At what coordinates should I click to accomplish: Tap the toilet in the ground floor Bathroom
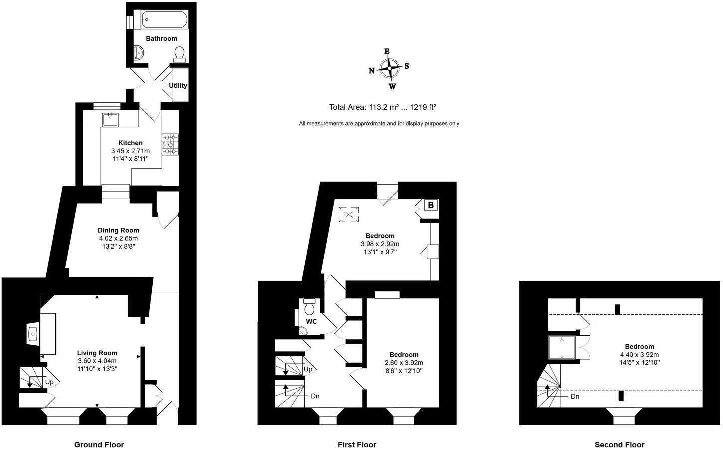click(180, 53)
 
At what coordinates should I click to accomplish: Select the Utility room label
click(178, 85)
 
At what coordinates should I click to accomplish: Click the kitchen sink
click(110, 120)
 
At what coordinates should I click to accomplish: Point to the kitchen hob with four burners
click(170, 144)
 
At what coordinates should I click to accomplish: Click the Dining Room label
click(118, 230)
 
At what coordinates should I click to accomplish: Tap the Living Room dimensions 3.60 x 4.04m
click(97, 361)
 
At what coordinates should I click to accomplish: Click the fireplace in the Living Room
click(34, 334)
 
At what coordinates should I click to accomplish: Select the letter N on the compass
click(372, 71)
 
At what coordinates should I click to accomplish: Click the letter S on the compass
click(407, 66)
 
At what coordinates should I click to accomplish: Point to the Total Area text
click(383, 107)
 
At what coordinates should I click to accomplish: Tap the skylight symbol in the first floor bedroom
click(349, 215)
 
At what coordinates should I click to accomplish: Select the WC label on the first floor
click(311, 321)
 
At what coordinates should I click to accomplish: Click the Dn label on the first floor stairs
click(315, 396)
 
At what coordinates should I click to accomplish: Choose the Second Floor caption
click(619, 444)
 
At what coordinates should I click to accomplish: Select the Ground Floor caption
click(99, 444)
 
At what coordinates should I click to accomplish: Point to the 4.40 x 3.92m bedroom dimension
click(639, 355)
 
